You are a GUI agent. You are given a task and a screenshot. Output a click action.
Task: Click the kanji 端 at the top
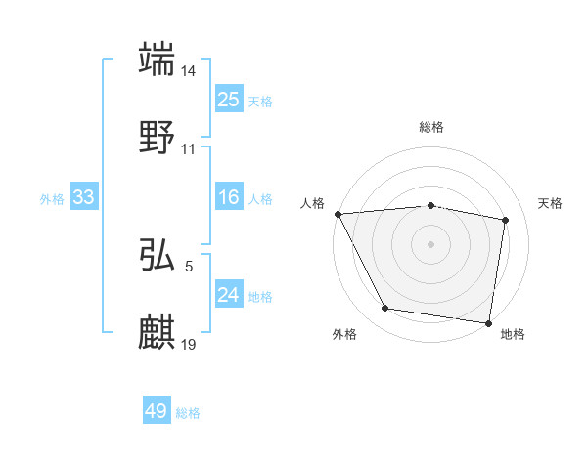158,60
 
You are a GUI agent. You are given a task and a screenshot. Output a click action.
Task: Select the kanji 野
158,138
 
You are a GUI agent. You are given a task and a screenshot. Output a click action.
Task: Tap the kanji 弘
158,256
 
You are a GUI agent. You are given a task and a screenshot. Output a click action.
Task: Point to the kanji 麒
158,332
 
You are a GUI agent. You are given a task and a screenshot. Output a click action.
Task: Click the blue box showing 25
228,100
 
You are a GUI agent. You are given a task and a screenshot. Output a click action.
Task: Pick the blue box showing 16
228,198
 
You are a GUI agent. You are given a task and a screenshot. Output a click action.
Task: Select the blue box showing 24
228,295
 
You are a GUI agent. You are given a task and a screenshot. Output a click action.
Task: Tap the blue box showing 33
84,198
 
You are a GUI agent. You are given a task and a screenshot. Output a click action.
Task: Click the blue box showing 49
157,412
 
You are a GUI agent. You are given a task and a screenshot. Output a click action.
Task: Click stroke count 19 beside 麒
190,344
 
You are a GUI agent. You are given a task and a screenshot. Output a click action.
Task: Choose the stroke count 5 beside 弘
188,265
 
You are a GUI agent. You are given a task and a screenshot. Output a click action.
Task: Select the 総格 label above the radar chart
431,128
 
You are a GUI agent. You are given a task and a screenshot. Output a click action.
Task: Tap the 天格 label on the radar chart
551,203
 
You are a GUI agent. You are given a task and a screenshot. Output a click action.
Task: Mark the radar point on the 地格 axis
489,322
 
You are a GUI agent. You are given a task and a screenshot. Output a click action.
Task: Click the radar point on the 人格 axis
338,214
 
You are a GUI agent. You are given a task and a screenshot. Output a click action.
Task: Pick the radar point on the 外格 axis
385,309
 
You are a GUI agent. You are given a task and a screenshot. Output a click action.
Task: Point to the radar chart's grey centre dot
431,244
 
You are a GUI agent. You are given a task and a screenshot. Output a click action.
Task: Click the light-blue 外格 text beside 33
52,199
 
